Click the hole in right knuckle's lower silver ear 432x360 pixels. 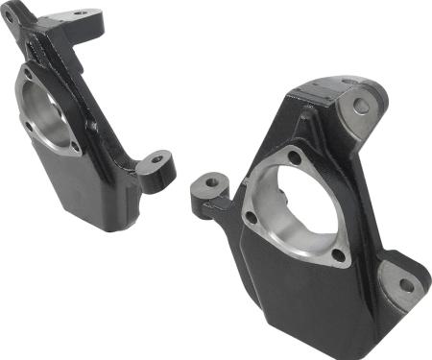405,284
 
